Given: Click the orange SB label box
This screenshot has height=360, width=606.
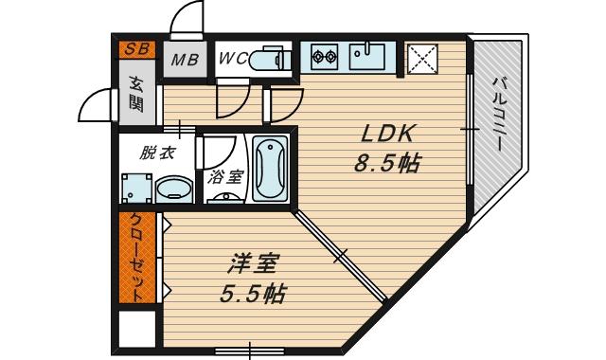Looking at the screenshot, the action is [136, 49].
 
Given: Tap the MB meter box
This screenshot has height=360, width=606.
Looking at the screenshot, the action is [185, 59].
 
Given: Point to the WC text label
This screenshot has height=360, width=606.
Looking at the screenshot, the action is [233, 59].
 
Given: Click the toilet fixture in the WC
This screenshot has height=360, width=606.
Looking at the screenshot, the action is [271, 59].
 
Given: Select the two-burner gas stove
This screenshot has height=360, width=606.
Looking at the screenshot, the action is [324, 57].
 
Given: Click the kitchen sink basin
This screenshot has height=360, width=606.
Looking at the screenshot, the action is [366, 56].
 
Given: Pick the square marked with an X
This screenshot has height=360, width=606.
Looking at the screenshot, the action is [422, 59].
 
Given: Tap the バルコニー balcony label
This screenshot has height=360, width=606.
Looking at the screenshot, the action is [498, 114].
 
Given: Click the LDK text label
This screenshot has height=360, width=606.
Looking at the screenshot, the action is [387, 135].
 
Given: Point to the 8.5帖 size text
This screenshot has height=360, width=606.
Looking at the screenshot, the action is [387, 163].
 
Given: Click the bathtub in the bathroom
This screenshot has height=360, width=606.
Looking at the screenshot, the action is [270, 169].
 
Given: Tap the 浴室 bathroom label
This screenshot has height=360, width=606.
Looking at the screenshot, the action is [224, 177].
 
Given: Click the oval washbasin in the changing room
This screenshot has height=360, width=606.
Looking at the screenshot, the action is [174, 189].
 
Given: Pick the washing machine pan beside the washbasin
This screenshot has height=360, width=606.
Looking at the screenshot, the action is [136, 189].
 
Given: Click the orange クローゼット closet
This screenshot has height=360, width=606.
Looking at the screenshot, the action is [137, 258].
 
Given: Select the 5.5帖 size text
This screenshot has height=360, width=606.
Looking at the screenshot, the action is [253, 294].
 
